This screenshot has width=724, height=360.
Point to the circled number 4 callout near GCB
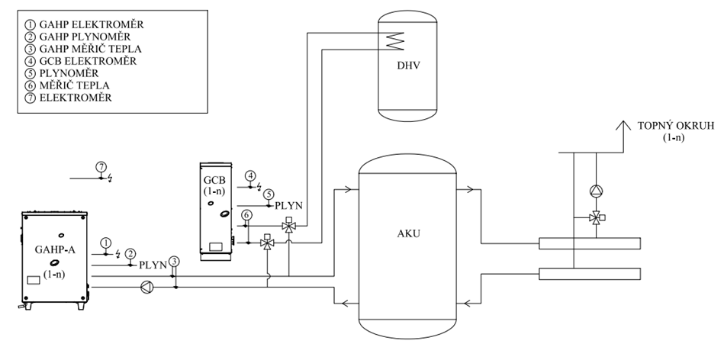click(250, 177)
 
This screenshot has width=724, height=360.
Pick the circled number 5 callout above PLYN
click(269, 194)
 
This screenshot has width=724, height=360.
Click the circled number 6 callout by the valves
click(246, 216)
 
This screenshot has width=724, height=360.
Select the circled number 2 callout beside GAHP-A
click(130, 253)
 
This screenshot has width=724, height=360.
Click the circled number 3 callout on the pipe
click(175, 262)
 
